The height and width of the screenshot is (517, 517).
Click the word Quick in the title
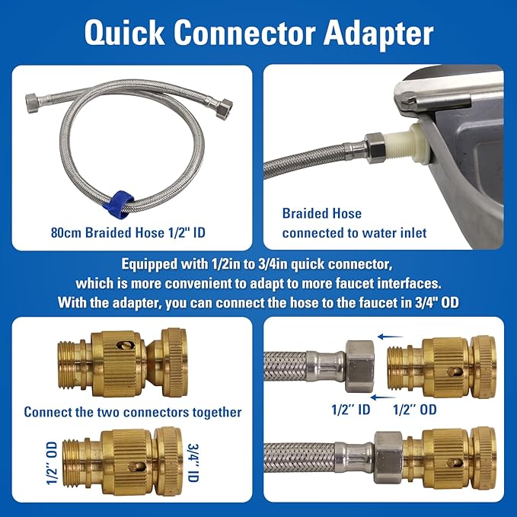(125, 33)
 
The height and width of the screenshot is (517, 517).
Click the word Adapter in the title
(378, 34)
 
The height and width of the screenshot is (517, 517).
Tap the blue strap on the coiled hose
(118, 204)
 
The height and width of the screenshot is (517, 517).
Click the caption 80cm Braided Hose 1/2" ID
(128, 233)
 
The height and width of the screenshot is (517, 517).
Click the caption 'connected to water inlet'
(355, 233)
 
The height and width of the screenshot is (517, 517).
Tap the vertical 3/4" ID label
(193, 463)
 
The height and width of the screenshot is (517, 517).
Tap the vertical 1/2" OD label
(52, 463)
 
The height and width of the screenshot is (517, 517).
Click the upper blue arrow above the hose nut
(391, 337)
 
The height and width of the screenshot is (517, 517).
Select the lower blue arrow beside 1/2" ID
(383, 397)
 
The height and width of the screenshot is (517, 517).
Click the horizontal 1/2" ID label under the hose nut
(351, 410)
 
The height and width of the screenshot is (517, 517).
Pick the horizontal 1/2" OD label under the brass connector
(415, 410)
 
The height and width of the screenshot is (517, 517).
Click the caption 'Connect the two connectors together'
(132, 412)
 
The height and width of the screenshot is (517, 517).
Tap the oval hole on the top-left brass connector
(126, 345)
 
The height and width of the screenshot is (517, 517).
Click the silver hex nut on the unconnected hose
(359, 366)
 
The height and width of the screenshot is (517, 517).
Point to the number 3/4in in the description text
(270, 263)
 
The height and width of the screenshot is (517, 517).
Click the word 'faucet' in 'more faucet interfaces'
(355, 283)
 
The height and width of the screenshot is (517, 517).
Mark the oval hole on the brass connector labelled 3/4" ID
(136, 467)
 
